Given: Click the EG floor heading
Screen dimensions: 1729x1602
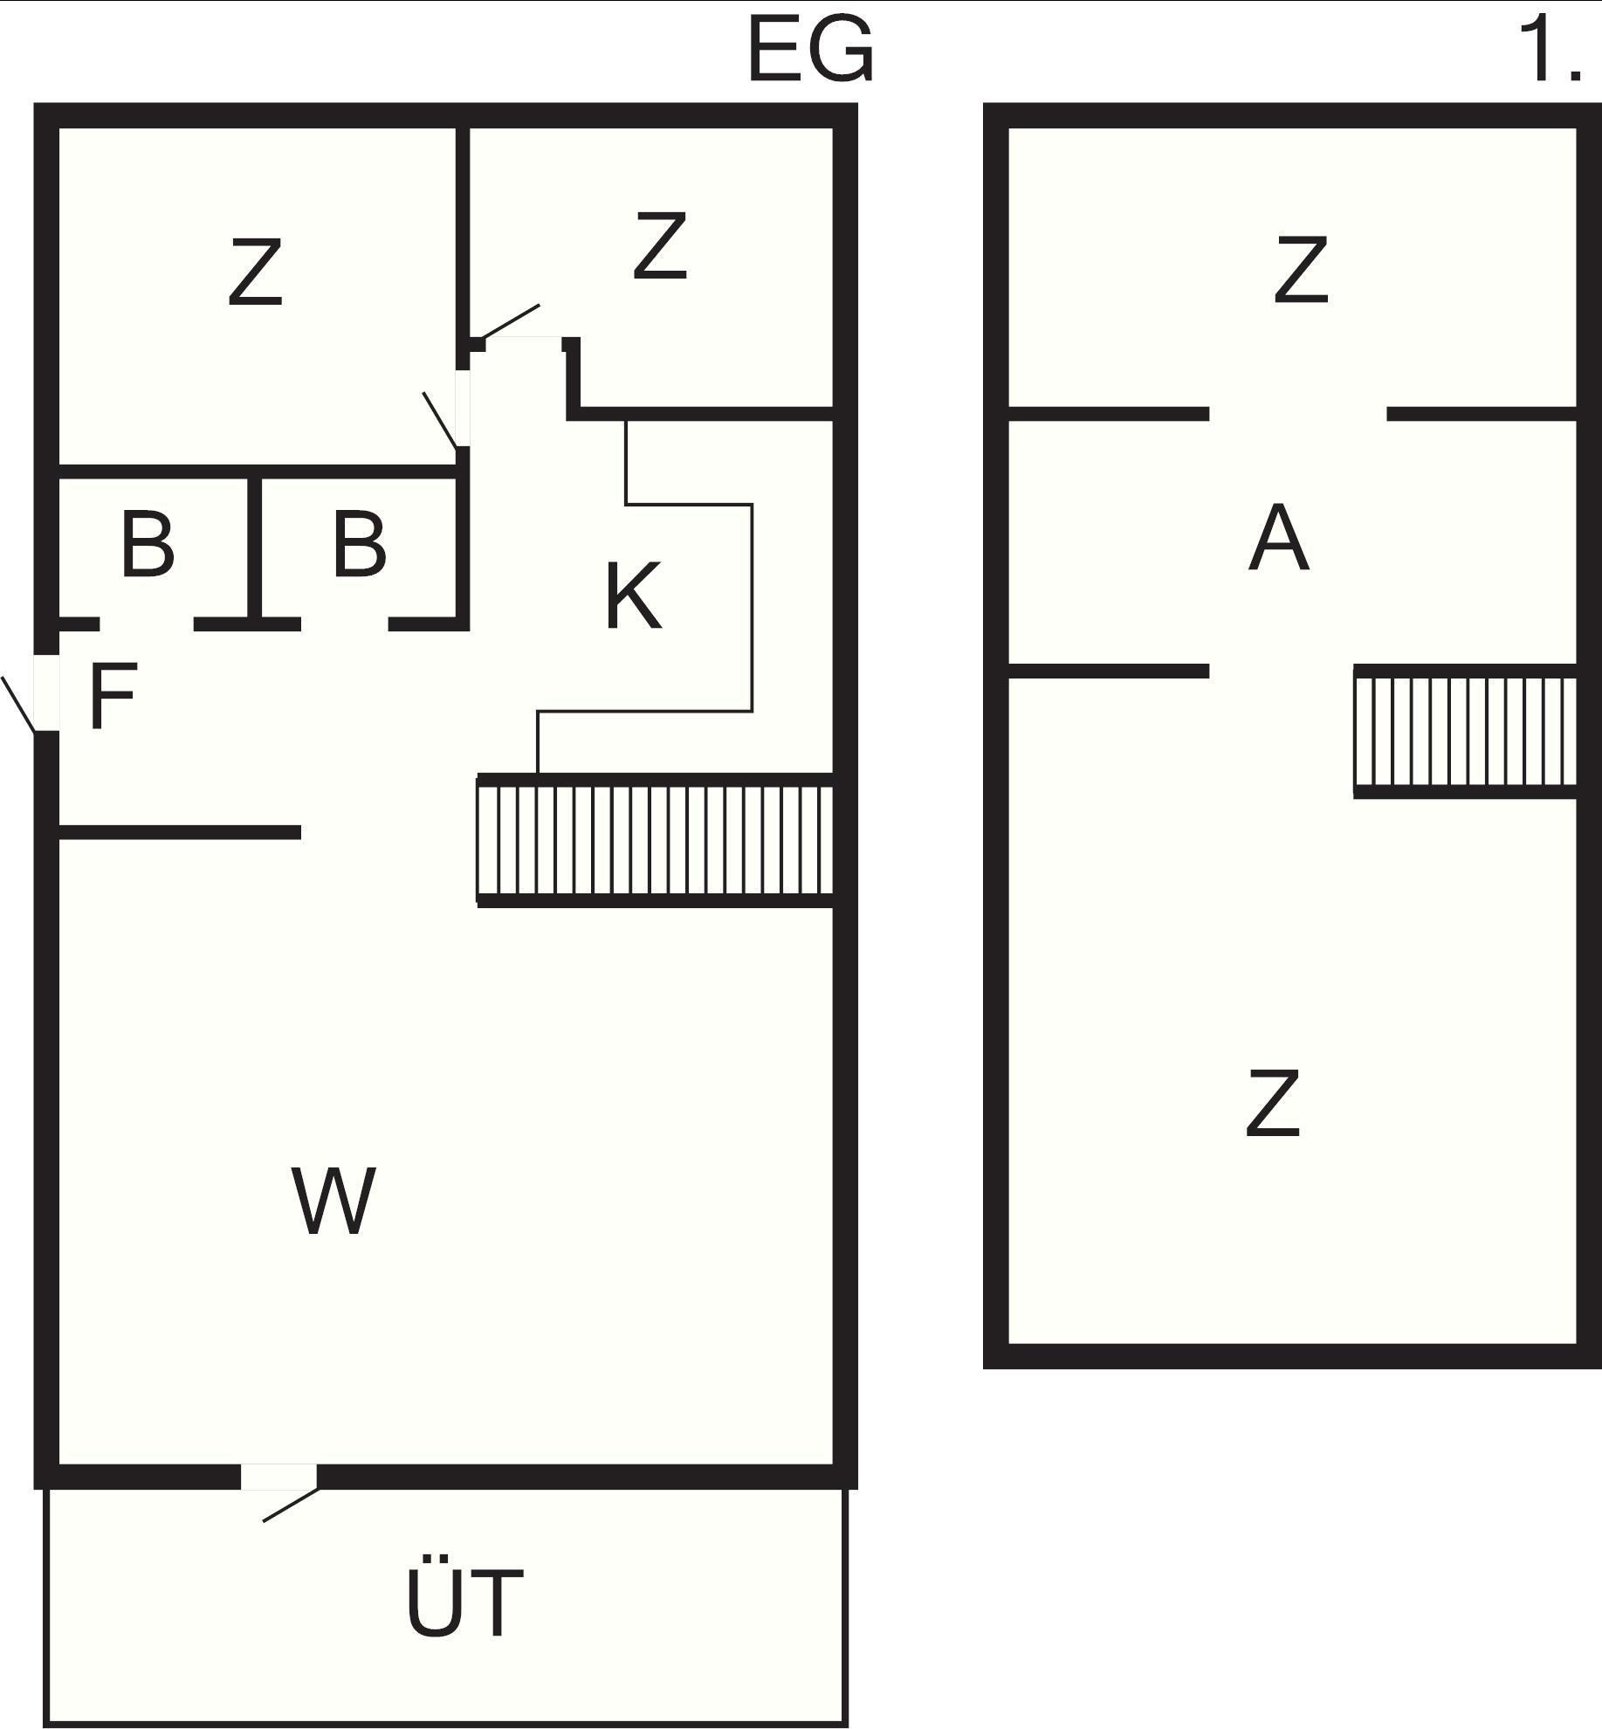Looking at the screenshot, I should point(810,51).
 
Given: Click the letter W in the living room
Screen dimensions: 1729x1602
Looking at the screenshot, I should point(334,1202).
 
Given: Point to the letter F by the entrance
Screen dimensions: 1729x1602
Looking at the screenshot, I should point(113,696).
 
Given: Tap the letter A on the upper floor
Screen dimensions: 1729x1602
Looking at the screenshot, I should point(1279,538).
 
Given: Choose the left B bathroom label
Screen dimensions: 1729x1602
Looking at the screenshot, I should point(148,545).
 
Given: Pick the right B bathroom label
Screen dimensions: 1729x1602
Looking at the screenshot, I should point(359,545).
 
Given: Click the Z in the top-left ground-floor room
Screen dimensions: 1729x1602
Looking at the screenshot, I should point(255,272).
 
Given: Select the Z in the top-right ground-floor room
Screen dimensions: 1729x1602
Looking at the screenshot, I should point(660,247).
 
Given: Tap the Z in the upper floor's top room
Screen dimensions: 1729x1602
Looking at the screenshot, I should point(1301,270).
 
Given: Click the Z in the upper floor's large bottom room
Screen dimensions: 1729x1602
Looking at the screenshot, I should point(1272,1104).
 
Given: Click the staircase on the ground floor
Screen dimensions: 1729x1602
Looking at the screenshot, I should point(655,840).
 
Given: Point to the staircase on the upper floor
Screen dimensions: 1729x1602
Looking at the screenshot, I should point(1465,732).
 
